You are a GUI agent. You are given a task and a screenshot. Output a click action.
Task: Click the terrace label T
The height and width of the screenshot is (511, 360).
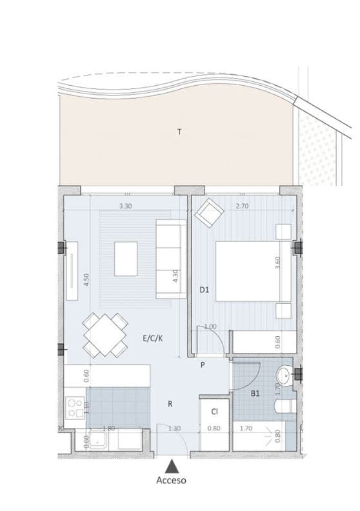(x=179, y=132)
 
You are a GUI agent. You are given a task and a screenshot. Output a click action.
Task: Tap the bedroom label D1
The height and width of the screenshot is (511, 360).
(x=204, y=290)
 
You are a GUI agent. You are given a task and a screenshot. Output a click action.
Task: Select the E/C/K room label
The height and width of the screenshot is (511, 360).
(x=153, y=337)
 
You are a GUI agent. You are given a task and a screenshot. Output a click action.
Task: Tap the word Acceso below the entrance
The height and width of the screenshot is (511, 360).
(x=172, y=480)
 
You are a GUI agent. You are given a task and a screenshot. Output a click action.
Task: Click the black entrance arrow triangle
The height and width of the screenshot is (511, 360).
(x=172, y=465)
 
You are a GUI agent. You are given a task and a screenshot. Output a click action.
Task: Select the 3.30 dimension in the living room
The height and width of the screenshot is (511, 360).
(x=126, y=206)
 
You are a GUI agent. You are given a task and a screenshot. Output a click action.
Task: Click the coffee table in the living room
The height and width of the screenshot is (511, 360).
(x=126, y=259)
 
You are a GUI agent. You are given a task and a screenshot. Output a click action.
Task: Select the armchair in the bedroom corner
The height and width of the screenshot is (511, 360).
(x=209, y=214)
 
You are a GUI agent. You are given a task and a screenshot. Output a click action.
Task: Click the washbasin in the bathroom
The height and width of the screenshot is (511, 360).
(x=284, y=377)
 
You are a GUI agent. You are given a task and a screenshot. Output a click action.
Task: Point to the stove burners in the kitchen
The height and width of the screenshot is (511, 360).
(x=72, y=407)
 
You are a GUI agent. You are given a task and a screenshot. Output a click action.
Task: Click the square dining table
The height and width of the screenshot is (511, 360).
(x=105, y=335)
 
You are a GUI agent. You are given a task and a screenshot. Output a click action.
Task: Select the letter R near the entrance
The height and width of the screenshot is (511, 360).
(x=170, y=405)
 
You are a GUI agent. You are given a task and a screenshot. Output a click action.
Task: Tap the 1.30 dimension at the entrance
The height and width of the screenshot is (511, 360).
(x=174, y=428)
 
